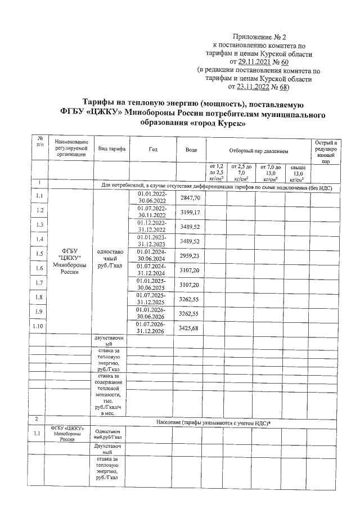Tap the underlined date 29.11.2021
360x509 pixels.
pos(256,62)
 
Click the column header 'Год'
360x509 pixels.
pos(153,150)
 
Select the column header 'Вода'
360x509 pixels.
pos(191,150)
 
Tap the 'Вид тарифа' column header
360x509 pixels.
pos(111,150)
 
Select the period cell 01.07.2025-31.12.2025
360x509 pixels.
pos(152,298)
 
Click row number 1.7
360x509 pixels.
pos(39,282)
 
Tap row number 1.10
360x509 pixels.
pos(39,326)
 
